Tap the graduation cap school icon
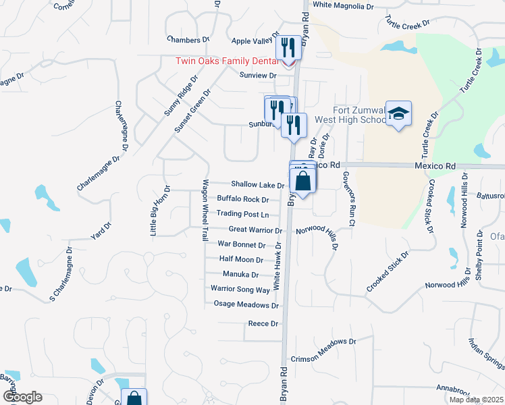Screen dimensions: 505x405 (398, 114)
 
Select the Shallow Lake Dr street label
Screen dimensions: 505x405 (257, 185)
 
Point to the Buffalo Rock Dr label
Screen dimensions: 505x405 (243, 200)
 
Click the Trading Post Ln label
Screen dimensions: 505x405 (242, 215)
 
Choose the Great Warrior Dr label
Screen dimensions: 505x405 (255, 230)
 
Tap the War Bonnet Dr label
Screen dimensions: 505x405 (241, 244)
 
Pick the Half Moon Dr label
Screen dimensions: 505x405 (241, 259)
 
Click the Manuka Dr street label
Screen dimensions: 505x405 (241, 275)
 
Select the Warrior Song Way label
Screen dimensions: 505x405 (240, 290)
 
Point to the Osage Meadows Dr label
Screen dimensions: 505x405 (246, 304)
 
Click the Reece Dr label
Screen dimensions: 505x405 (263, 324)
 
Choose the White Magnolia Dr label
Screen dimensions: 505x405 (343, 5)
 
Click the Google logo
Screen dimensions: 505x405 (22, 397)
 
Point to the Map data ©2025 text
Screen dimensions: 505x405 (475, 400)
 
